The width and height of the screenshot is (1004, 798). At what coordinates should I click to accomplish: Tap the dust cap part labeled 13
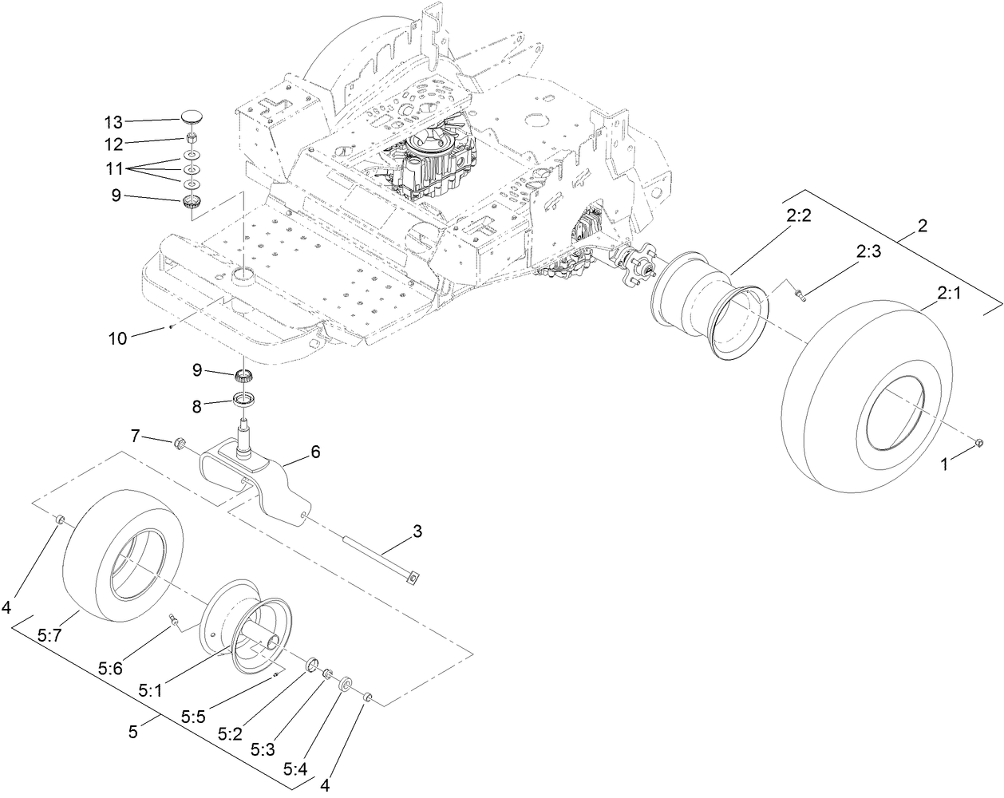tap(192, 117)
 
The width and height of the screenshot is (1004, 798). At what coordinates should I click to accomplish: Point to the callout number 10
tap(118, 338)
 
